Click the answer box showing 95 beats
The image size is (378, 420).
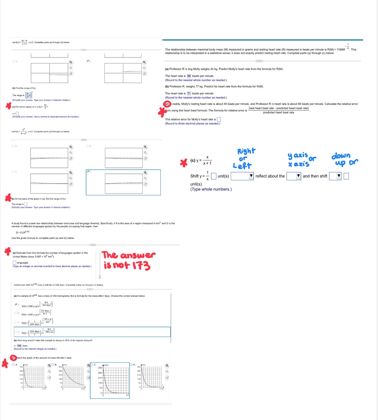189,76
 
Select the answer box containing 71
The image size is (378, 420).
189,93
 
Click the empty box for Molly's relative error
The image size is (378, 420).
219,119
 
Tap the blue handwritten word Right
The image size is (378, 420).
246,151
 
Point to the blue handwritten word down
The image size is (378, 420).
341,156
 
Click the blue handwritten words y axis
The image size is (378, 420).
298,155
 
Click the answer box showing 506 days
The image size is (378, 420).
19,346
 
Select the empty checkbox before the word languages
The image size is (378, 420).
14,263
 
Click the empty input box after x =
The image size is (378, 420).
17,114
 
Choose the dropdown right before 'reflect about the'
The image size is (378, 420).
242,176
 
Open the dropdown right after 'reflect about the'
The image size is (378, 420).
294,176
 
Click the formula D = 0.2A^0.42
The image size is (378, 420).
23,232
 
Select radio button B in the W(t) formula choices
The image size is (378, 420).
15,313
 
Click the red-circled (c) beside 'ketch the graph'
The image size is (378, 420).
13,358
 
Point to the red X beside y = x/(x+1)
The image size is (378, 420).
184,163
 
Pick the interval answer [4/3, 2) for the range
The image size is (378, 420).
29,95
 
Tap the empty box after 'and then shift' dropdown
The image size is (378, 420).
346,176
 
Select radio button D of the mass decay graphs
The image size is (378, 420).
131,365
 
